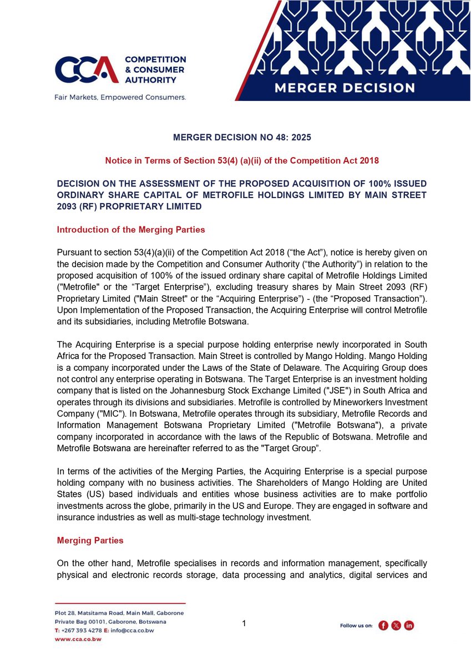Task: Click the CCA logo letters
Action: pos(86,69)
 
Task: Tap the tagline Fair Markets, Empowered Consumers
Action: pos(120,97)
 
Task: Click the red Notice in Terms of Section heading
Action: pos(242,161)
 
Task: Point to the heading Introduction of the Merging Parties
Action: pos(129,230)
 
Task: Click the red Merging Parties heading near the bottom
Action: pos(90,540)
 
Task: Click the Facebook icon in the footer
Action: pos(383,625)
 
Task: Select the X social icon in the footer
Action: pos(396,625)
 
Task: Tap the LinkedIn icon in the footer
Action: pos(409,625)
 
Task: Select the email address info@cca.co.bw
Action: pos(141,630)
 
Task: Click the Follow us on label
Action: pos(356,626)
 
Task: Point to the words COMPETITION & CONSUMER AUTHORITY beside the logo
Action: pos(155,69)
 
